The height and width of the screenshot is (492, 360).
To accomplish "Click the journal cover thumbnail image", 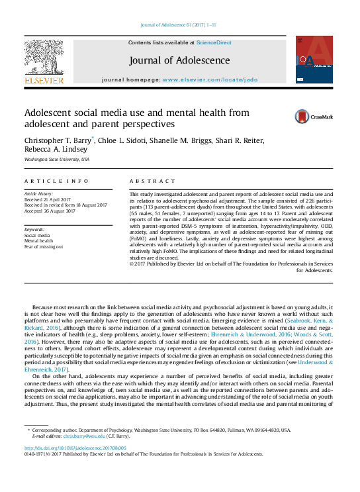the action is tap(309, 60).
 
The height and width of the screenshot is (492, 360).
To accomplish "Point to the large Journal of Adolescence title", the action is tap(179, 60).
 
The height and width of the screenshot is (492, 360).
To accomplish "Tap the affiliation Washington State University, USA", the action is tap(56, 160).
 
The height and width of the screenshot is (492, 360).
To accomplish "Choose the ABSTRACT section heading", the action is tap(148, 181).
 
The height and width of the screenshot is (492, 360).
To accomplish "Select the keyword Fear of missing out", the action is tap(44, 246).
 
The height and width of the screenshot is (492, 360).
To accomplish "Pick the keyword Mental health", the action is tap(39, 241).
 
